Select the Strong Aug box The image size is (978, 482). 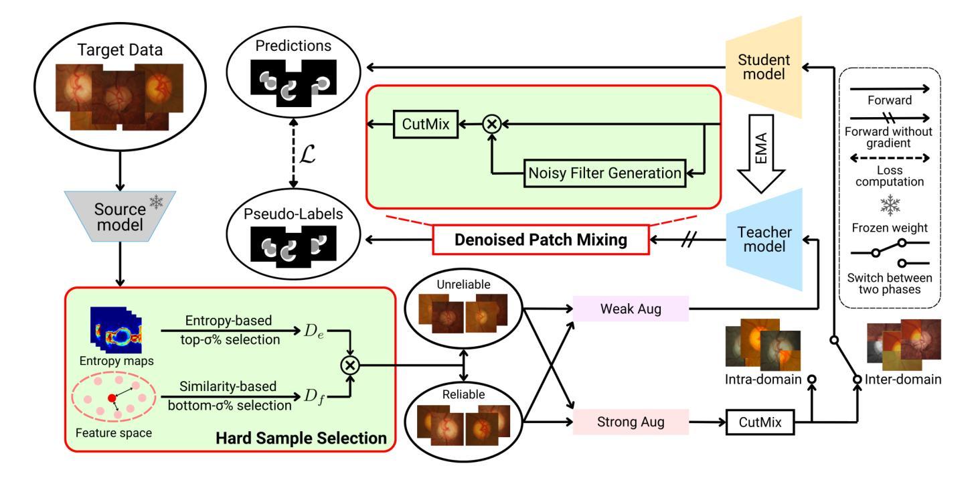(631, 422)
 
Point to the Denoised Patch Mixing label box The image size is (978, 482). (541, 240)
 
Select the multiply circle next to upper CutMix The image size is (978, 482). (492, 124)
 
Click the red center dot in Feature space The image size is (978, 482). (112, 398)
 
